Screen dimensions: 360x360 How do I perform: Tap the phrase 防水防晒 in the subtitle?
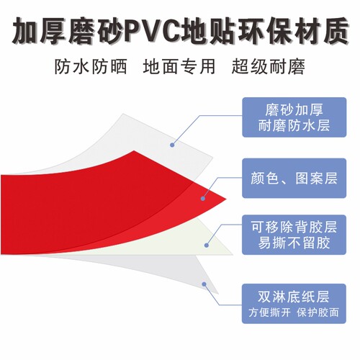pos(91,66)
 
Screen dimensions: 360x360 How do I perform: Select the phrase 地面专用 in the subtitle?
pos(179,66)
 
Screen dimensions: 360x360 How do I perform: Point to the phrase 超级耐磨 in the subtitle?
pos(269,66)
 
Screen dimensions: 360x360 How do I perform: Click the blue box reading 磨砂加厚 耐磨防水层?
pos(294,117)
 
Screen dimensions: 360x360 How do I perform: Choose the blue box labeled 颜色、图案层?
pos(294,178)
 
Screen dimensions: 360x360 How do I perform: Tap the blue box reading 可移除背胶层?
pos(294,235)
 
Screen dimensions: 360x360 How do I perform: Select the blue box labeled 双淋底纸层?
pos(294,304)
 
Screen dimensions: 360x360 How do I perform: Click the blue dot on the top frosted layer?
pos(172,145)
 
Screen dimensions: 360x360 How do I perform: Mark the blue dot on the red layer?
pos(203,199)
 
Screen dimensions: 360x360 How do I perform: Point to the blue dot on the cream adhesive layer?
pos(207,245)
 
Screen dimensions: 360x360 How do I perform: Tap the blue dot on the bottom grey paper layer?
pos(204,284)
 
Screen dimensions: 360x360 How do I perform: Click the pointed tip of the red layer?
pos(227,199)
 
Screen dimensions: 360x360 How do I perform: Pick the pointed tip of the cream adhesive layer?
pos(233,254)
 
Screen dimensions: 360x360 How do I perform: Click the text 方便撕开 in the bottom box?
pos(269,312)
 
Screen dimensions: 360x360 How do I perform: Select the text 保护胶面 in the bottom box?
pos(318,312)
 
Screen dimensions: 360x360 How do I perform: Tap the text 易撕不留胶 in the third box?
pos(294,243)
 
